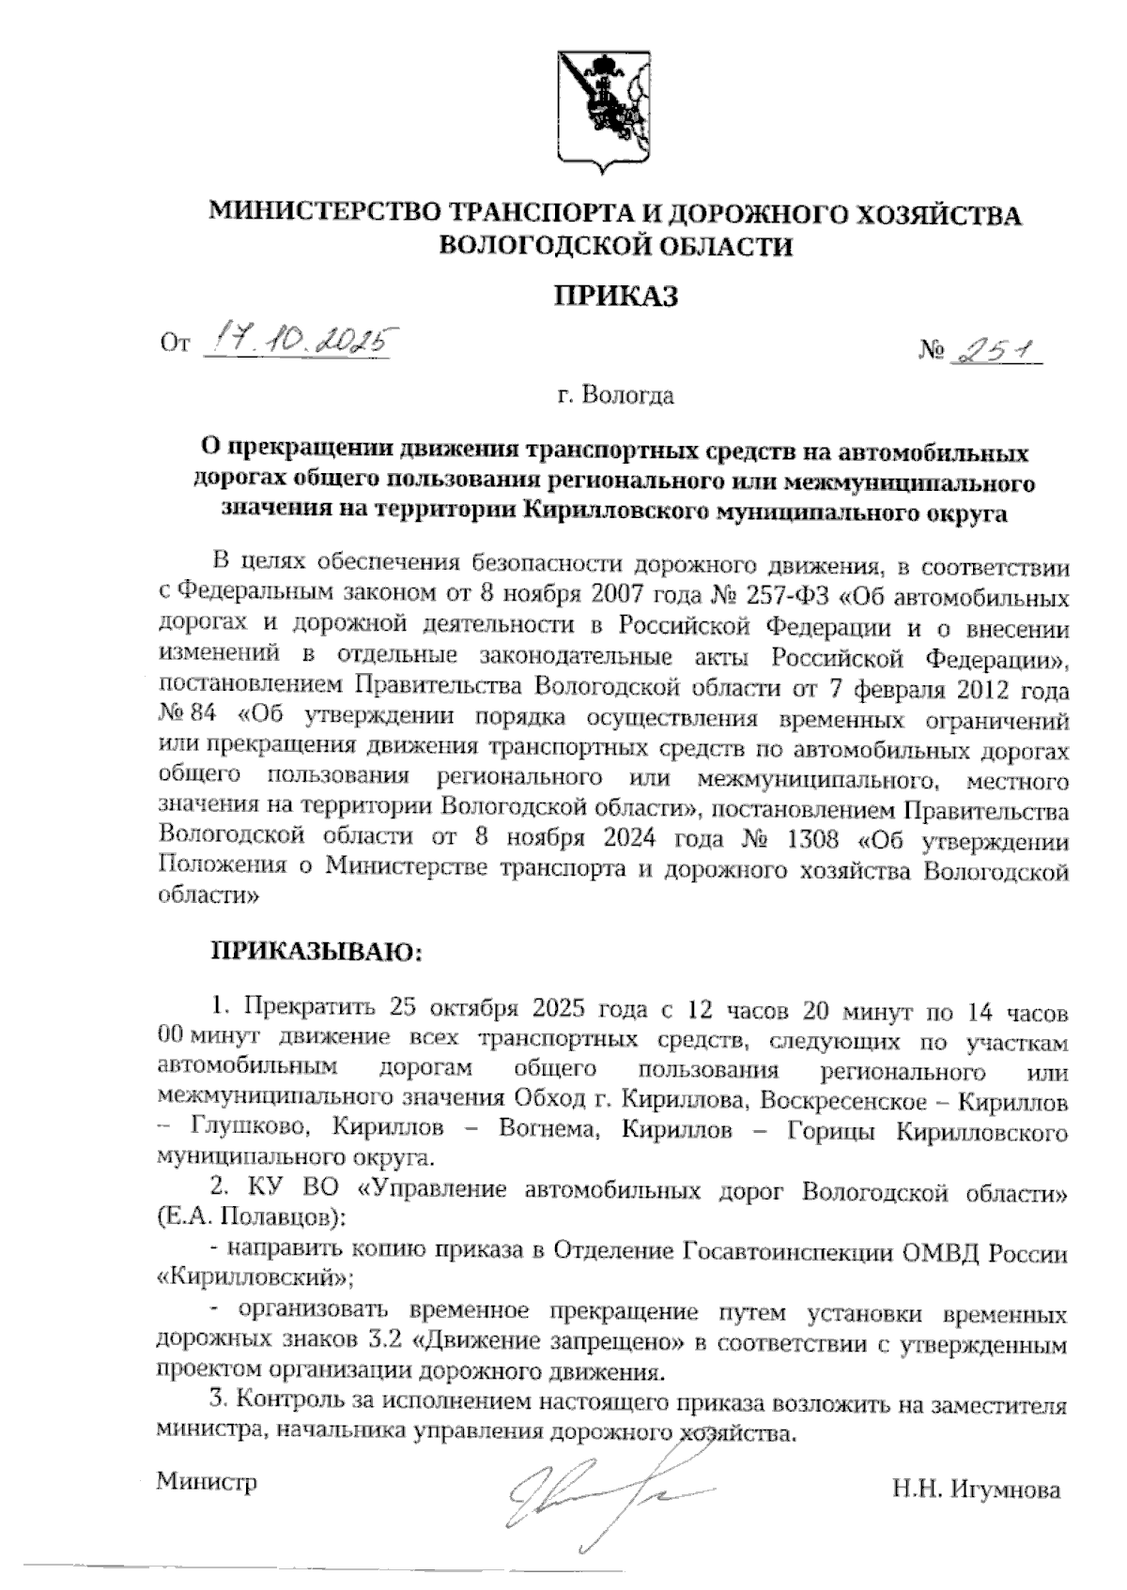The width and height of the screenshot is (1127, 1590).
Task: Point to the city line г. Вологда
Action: point(615,396)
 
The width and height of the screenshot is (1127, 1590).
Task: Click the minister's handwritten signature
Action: point(601,1492)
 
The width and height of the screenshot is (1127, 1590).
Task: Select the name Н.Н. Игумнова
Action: point(977,1490)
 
